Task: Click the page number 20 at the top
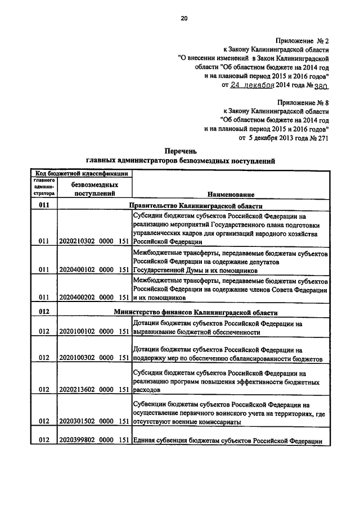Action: click(x=183, y=19)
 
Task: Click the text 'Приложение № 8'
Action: click(x=302, y=102)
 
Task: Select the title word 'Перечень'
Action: click(x=180, y=151)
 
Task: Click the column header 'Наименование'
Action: click(x=231, y=194)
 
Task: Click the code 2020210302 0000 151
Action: click(x=94, y=241)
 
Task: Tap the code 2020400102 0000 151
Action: click(x=94, y=269)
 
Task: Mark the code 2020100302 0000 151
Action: click(x=94, y=358)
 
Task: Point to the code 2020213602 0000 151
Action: click(x=94, y=389)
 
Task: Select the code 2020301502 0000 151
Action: click(x=94, y=421)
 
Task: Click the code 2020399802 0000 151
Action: click(x=94, y=442)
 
